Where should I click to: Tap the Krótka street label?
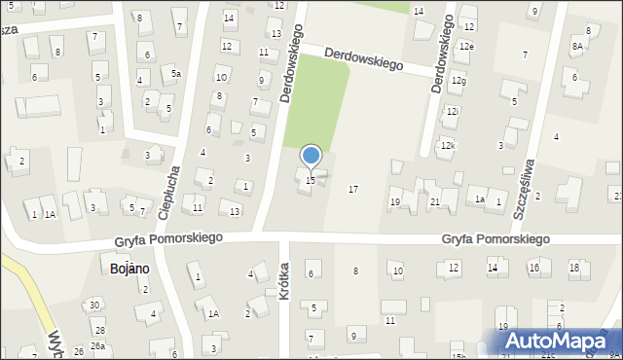coord(285,280)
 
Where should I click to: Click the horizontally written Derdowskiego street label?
coord(364,58)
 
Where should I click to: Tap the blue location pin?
coord(311,156)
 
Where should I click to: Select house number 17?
coord(352,188)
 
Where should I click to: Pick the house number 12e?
coord(467,46)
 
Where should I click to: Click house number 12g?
coord(458,81)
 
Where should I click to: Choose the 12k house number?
coord(447,145)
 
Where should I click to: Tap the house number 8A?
coord(578,46)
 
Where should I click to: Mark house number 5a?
coord(175,73)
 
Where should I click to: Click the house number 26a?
coord(97,345)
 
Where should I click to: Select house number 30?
coord(94,306)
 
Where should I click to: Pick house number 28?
coord(99,331)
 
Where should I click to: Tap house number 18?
coord(574,267)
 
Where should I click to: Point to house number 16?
coord(533,267)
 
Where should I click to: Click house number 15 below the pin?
coord(310,181)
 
